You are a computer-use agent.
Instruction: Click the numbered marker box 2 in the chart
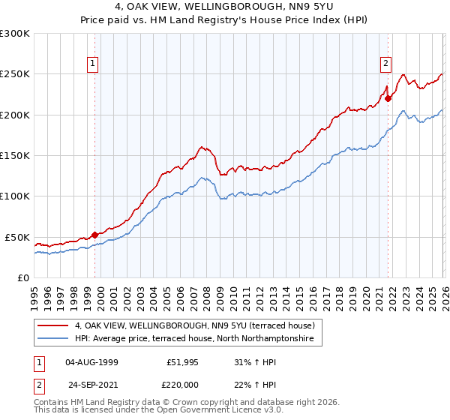tap(386, 64)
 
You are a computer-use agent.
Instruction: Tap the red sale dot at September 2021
tap(388, 97)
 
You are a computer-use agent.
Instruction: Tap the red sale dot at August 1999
tap(94, 235)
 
